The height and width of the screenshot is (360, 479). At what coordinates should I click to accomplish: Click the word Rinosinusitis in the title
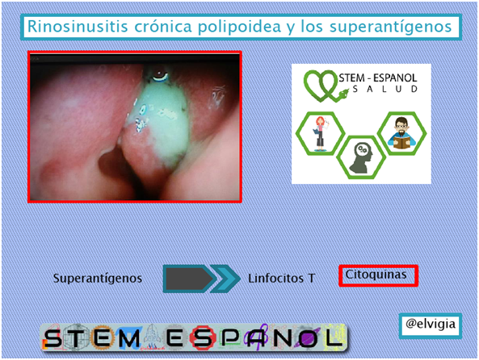pyautogui.click(x=78, y=27)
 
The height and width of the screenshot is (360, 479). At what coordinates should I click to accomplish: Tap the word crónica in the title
pyautogui.click(x=163, y=27)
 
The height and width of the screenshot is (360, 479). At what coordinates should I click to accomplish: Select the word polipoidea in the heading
pyautogui.click(x=239, y=27)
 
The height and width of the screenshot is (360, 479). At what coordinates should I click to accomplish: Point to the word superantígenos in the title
pyautogui.click(x=391, y=27)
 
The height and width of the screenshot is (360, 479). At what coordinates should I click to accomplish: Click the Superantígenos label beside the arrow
pyautogui.click(x=98, y=278)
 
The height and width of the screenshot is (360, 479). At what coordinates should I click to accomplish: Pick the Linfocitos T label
pyautogui.click(x=281, y=278)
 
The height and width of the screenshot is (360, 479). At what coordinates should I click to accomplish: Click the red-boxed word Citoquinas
pyautogui.click(x=376, y=274)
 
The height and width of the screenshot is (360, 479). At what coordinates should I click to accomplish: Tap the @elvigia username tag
pyautogui.click(x=431, y=324)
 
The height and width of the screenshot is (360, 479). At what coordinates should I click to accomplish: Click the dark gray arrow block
pyautogui.click(x=188, y=278)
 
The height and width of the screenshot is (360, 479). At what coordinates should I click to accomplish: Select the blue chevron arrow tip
pyautogui.click(x=226, y=278)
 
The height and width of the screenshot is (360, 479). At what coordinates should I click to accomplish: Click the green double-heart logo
pyautogui.click(x=321, y=86)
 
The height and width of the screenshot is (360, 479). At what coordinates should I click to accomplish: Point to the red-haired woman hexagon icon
pyautogui.click(x=320, y=133)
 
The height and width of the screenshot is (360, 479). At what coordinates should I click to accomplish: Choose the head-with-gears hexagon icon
pyautogui.click(x=361, y=157)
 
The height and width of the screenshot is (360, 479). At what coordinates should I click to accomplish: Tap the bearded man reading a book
pyautogui.click(x=401, y=133)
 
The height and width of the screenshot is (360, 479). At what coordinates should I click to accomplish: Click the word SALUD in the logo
pyautogui.click(x=385, y=89)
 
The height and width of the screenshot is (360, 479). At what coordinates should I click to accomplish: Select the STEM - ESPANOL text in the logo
pyautogui.click(x=378, y=77)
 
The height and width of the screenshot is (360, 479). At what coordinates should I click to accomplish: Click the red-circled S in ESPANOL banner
pyautogui.click(x=202, y=337)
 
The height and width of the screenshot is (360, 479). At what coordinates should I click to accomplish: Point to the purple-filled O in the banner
pyautogui.click(x=308, y=337)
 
